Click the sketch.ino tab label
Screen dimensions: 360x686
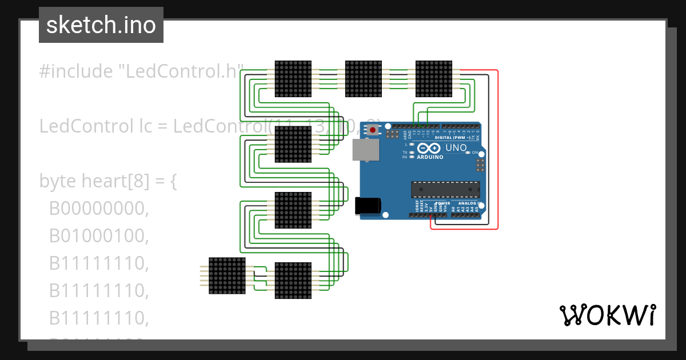pyautogui.click(x=101, y=25)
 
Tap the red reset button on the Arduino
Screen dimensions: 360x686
pyautogui.click(x=373, y=130)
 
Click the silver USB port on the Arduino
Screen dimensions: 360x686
pyautogui.click(x=365, y=150)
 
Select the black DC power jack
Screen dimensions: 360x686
pyautogui.click(x=367, y=206)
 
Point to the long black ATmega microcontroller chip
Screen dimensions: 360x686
pyautogui.click(x=445, y=190)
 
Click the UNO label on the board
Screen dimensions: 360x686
pyautogui.click(x=456, y=148)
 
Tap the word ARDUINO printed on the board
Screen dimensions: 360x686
pyautogui.click(x=430, y=157)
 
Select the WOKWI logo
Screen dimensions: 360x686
pyautogui.click(x=607, y=315)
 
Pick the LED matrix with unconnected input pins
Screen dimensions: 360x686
pyautogui.click(x=227, y=275)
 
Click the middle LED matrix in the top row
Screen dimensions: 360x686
pyautogui.click(x=363, y=78)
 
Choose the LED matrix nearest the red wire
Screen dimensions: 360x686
pyautogui.click(x=433, y=78)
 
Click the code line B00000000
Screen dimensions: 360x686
pyautogui.click(x=98, y=209)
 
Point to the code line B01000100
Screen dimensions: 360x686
pyautogui.click(x=98, y=236)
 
